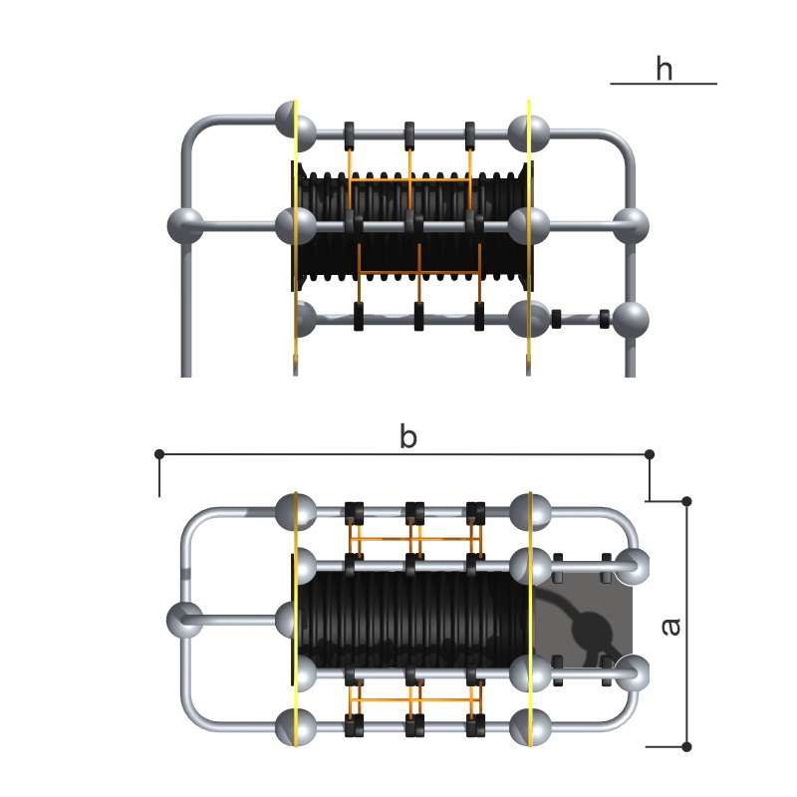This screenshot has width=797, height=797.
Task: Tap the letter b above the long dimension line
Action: tap(407, 435)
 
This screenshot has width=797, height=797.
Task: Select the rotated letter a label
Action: tap(670, 625)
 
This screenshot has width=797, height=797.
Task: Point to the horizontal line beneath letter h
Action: tap(664, 84)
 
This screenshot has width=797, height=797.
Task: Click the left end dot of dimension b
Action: tap(159, 454)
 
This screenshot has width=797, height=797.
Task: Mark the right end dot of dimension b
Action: tap(650, 454)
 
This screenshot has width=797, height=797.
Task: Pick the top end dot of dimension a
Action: tap(686, 498)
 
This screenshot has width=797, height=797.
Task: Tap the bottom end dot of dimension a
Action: tap(686, 745)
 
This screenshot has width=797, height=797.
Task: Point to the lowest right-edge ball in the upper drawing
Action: tap(630, 320)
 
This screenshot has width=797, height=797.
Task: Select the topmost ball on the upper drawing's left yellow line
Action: tap(297, 131)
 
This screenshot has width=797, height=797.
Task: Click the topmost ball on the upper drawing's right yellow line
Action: tap(528, 131)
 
